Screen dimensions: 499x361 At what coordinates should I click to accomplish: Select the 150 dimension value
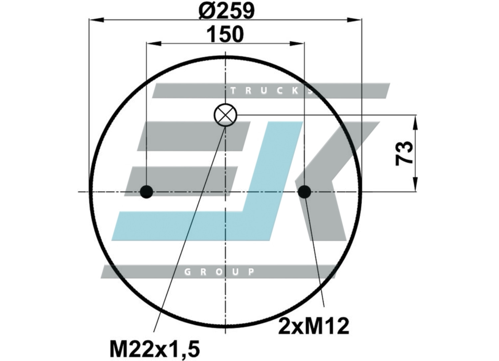point(225,35)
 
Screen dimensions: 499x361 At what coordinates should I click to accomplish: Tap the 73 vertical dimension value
point(404,153)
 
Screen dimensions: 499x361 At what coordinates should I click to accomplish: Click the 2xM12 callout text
point(314,326)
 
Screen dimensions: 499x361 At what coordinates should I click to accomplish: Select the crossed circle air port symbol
point(226,115)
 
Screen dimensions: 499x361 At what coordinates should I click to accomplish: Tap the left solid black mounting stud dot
point(147,191)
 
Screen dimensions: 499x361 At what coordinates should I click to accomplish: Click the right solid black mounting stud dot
point(304,191)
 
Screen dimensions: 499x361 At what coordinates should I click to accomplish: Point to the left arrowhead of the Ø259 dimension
point(96,20)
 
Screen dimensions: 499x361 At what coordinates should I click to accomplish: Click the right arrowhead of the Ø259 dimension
point(354,20)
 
